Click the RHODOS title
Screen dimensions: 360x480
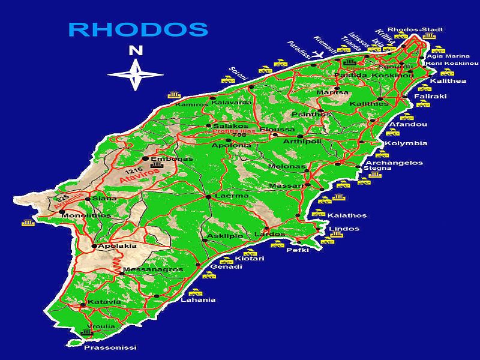pyautogui.click(x=138, y=29)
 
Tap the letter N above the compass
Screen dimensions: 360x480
pyautogui.click(x=136, y=51)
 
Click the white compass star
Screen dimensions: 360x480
pyautogui.click(x=135, y=74)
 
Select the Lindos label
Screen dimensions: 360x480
pyautogui.click(x=344, y=229)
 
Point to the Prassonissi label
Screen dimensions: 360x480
pyautogui.click(x=110, y=347)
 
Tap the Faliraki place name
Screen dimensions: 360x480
pyautogui.click(x=430, y=96)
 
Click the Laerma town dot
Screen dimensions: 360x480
pyautogui.click(x=208, y=197)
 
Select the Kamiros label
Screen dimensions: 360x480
pyautogui.click(x=191, y=104)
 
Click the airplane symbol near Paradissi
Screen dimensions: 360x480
pyautogui.click(x=319, y=55)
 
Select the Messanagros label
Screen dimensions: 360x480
pyautogui.click(x=152, y=270)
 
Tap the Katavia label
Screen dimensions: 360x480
pyautogui.click(x=100, y=301)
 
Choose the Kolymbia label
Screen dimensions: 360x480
pyautogui.click(x=406, y=143)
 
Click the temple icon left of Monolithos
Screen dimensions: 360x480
pyautogui.click(x=28, y=223)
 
